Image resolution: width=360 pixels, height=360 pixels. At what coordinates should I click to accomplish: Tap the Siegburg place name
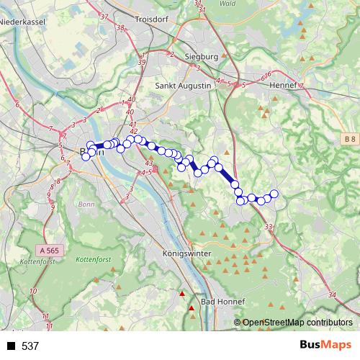[202, 56]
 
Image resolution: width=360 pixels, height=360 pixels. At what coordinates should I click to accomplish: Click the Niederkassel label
[22, 23]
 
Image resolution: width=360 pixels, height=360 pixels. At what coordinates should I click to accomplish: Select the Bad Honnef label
[222, 300]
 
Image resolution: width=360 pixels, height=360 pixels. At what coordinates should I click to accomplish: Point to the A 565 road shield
[48, 249]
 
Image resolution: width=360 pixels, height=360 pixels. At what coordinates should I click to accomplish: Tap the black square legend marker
[11, 346]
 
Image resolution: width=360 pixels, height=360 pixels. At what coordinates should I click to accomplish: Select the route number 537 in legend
[30, 346]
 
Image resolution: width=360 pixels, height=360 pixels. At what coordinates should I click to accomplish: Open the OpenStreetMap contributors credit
[296, 323]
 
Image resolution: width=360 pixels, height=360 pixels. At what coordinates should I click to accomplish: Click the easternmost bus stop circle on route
[274, 193]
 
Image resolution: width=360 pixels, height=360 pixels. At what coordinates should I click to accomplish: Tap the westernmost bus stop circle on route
[86, 156]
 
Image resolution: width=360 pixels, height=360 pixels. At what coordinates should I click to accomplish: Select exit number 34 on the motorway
[331, 294]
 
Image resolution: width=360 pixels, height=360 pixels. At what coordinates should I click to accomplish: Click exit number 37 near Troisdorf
[105, 16]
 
